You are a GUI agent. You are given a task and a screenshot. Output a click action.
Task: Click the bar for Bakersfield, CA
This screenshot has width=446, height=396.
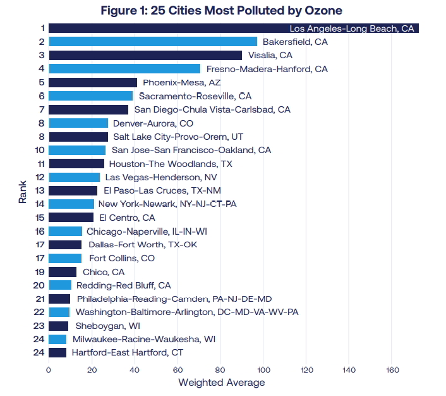tap(153, 42)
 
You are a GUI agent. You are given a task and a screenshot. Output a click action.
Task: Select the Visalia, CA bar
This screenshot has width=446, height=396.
tap(145, 55)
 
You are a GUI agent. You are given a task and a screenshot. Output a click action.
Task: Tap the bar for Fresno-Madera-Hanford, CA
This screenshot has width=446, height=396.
tap(124, 69)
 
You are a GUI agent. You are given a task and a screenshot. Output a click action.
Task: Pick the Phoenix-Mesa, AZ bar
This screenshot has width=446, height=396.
tap(93, 82)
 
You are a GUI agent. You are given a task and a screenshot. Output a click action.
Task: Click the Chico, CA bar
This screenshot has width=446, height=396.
tap(63, 272)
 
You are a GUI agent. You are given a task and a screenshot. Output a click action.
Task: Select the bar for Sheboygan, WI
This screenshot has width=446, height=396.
tap(59, 326)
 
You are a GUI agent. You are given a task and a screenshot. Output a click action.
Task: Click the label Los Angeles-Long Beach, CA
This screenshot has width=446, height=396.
tap(352, 28)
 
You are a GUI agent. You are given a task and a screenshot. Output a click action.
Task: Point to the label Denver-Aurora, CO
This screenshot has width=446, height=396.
tap(153, 123)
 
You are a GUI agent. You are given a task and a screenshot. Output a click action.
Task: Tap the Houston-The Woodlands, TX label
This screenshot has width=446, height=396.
tap(171, 164)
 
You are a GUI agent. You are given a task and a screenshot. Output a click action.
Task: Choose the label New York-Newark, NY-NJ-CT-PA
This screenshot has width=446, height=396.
tap(167, 204)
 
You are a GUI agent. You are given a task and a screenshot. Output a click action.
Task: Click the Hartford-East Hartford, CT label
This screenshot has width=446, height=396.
tap(128, 353)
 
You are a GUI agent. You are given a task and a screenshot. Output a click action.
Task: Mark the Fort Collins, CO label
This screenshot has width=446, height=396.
tap(122, 258)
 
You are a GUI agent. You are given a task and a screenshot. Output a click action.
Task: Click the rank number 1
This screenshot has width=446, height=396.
tap(43, 28)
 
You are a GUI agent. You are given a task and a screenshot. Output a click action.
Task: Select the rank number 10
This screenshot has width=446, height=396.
tap(40, 150)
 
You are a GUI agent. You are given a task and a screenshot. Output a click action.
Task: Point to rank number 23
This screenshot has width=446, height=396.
tap(39, 326)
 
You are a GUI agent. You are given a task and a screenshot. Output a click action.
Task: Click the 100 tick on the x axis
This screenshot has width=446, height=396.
tap(263, 370)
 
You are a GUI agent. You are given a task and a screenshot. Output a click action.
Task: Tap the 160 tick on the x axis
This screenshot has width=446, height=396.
tap(392, 370)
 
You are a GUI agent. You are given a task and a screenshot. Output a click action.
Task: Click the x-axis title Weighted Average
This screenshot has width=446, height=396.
tap(222, 383)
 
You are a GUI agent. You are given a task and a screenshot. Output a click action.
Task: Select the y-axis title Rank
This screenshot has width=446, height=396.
tap(23, 192)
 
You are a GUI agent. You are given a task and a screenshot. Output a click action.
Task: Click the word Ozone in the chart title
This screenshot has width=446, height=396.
tap(323, 11)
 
